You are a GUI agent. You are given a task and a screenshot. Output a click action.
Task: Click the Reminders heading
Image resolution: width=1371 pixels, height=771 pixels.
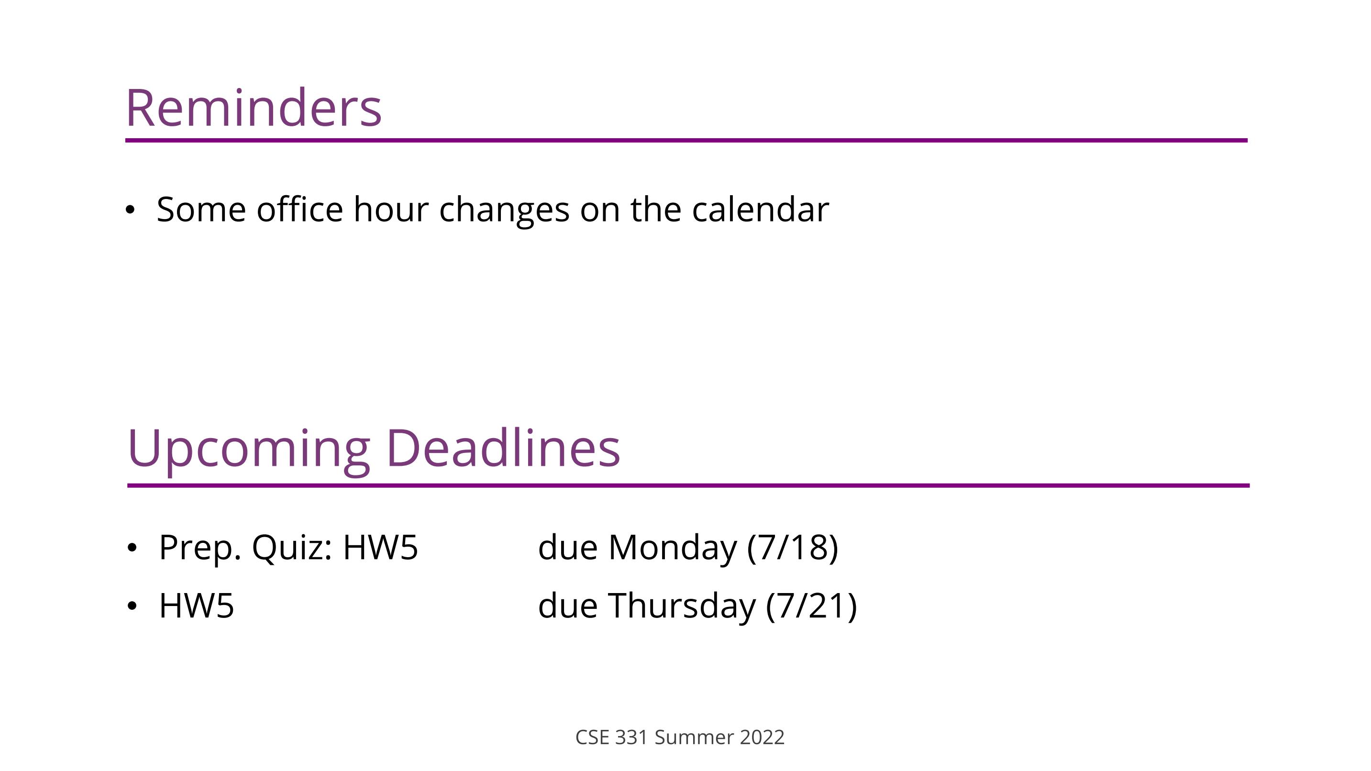(254, 108)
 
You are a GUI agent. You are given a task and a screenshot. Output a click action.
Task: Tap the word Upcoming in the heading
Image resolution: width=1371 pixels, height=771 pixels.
(249, 450)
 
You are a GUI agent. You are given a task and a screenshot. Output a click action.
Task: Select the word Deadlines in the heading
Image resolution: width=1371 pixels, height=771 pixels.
(503, 448)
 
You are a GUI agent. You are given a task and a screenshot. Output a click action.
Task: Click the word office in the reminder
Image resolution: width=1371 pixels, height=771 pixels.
(299, 209)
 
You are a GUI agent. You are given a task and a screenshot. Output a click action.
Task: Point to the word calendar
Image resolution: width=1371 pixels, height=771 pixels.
(760, 209)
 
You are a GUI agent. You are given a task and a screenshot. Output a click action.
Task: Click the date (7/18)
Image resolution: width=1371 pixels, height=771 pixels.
(793, 548)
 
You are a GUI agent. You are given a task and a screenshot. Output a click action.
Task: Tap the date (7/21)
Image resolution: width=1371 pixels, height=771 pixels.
(812, 606)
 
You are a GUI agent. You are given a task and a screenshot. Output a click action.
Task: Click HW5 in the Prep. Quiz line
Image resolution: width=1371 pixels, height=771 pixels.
(380, 548)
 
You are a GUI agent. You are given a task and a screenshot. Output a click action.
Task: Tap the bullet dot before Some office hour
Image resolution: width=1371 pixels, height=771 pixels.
(130, 210)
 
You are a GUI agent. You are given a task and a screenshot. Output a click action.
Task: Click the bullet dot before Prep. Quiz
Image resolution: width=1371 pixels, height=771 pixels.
(132, 548)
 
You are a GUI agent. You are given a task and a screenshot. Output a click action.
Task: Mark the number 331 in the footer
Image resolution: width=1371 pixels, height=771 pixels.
(631, 738)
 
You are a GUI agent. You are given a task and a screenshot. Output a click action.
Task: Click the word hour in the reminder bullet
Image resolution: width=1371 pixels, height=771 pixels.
(391, 209)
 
